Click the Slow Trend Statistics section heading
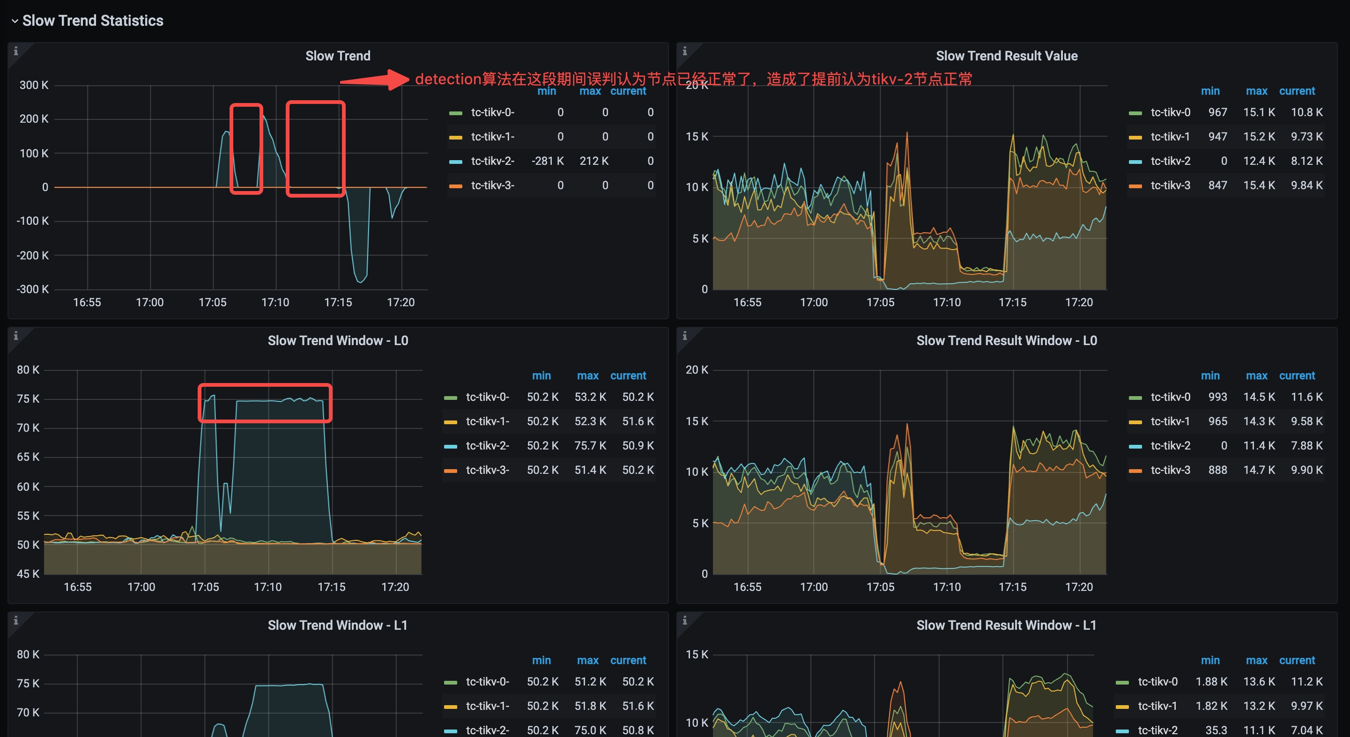click(x=93, y=21)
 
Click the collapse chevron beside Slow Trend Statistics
click(x=15, y=21)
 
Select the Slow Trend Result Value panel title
click(x=1006, y=56)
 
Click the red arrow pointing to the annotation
click(x=374, y=80)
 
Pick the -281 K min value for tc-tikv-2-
click(x=547, y=161)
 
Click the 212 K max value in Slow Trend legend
click(x=594, y=161)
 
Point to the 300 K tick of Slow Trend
click(x=34, y=85)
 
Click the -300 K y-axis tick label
click(x=32, y=289)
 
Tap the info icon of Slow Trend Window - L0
click(x=16, y=336)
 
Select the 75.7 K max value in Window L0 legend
click(x=590, y=445)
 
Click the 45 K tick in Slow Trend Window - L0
click(x=28, y=574)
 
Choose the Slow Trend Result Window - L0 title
click(x=1006, y=340)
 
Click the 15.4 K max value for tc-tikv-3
click(x=1259, y=185)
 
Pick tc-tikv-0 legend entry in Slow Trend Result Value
click(x=1170, y=112)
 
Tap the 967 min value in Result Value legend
click(x=1217, y=112)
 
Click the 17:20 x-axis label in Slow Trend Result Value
click(x=1078, y=302)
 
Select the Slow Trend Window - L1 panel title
click(x=337, y=625)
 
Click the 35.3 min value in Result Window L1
click(x=1216, y=730)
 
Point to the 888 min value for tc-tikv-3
click(x=1217, y=470)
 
